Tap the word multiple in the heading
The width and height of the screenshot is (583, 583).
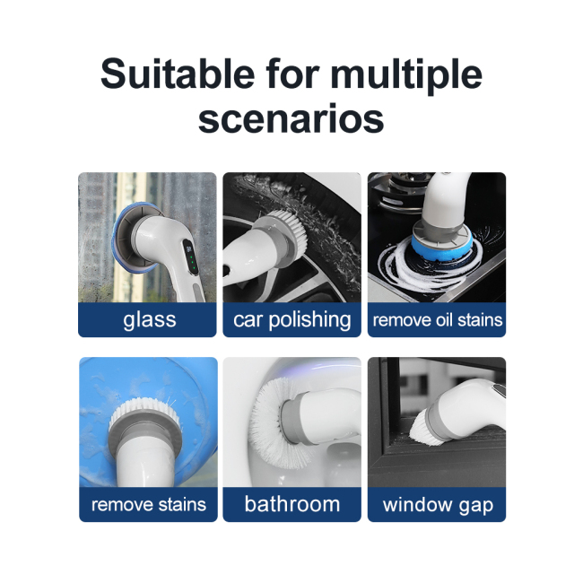[409, 75]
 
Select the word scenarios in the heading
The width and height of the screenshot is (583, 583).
[291, 118]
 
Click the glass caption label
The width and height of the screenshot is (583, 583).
[149, 320]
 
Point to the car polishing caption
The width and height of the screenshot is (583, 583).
[291, 320]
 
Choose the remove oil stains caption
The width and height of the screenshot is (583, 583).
[437, 320]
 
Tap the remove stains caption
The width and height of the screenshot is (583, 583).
[149, 504]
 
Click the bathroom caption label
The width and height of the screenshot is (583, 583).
[291, 504]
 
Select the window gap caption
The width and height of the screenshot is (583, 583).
[437, 504]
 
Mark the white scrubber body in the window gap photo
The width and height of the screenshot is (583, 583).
[471, 408]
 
